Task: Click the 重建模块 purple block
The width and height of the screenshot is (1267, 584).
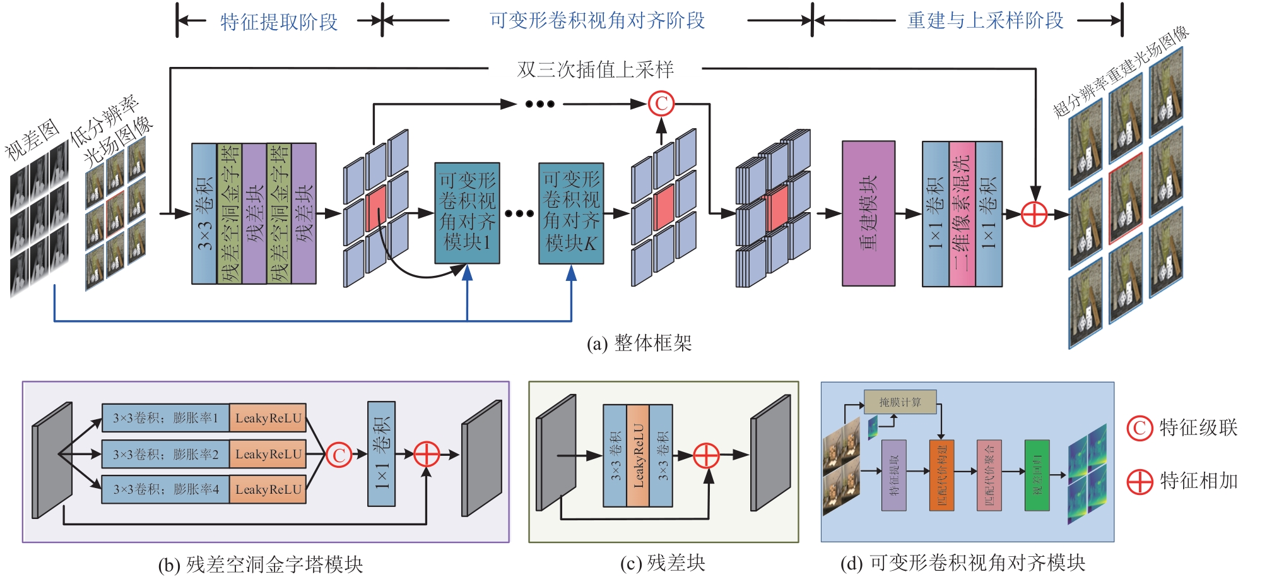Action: (x=868, y=213)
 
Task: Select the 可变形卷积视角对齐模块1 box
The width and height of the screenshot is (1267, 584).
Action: (x=467, y=213)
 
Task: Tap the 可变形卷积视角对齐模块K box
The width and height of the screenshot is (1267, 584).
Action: (x=571, y=213)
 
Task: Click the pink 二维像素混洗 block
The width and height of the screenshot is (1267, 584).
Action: (x=962, y=213)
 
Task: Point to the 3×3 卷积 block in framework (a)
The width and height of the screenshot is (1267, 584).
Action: (x=204, y=213)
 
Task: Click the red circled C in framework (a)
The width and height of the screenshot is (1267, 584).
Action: (x=661, y=104)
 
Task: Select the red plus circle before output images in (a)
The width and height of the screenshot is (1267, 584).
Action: (x=1034, y=214)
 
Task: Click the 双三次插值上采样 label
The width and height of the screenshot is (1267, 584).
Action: (x=595, y=69)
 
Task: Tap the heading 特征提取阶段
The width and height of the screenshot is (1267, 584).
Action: (x=279, y=22)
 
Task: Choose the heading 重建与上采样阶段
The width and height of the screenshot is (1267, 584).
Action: (x=985, y=21)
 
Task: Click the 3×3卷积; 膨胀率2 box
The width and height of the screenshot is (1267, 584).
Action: (x=165, y=454)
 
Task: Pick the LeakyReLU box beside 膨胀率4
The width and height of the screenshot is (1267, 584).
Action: (x=268, y=489)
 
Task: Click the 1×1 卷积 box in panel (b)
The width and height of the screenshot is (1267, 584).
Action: (x=381, y=454)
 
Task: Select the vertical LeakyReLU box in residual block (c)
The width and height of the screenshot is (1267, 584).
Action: (x=638, y=455)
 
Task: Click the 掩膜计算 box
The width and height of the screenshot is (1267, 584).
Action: (x=900, y=402)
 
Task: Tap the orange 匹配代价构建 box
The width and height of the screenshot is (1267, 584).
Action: (x=941, y=475)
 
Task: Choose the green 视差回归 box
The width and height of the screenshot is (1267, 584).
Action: (x=1037, y=475)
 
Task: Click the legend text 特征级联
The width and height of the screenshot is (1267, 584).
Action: (x=1198, y=428)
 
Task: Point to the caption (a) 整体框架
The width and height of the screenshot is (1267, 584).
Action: (x=639, y=343)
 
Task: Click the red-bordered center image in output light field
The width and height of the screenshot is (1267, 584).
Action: (x=1126, y=198)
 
